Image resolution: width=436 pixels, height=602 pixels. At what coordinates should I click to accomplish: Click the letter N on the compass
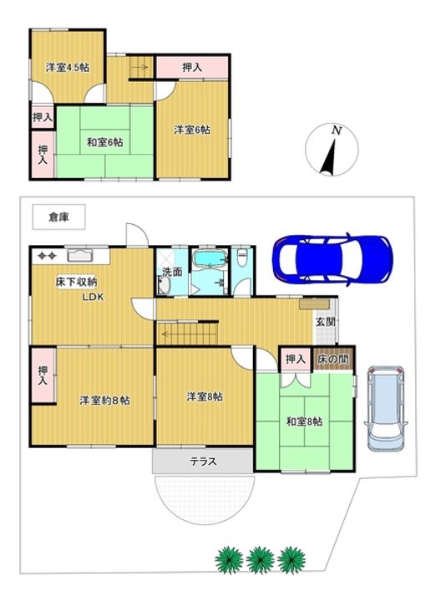click(x=336, y=131)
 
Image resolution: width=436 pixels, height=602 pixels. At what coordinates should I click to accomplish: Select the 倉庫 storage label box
click(x=58, y=217)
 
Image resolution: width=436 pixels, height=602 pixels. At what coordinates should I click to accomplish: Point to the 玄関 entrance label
click(x=325, y=322)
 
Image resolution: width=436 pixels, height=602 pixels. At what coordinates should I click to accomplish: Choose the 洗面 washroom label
click(x=172, y=272)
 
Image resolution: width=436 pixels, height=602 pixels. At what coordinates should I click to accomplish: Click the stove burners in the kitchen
click(x=45, y=255)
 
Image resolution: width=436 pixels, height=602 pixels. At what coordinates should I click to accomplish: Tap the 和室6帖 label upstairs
click(x=104, y=142)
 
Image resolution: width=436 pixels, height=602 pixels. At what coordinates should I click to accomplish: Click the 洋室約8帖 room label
click(x=104, y=400)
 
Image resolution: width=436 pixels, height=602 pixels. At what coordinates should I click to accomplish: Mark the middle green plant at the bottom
click(x=260, y=558)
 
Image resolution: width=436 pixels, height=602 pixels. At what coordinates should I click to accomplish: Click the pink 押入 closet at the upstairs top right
click(x=192, y=67)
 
